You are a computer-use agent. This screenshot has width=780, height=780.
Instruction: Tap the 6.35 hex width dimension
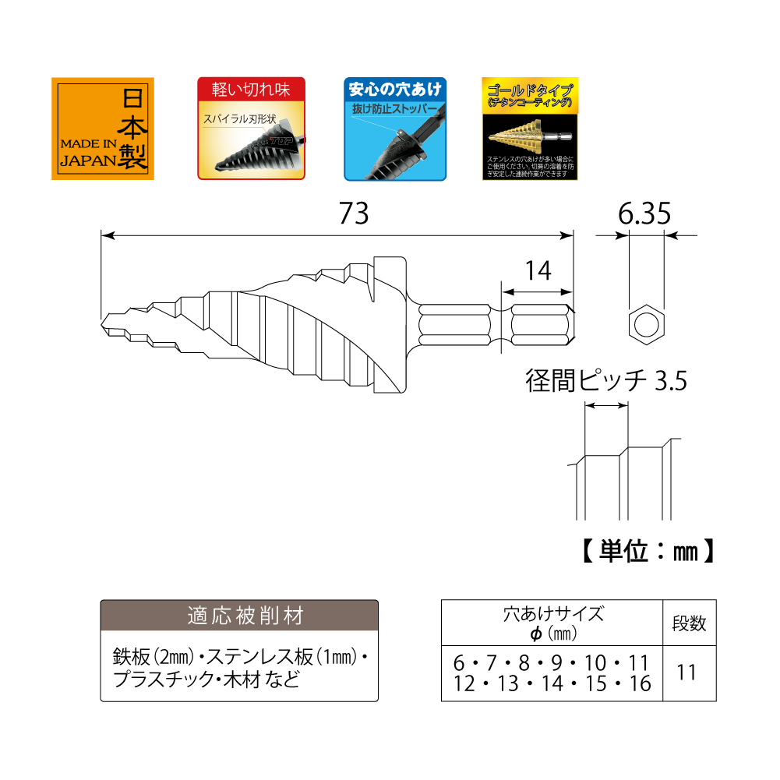[x=645, y=214]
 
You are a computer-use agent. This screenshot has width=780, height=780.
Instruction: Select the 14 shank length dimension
[x=538, y=270]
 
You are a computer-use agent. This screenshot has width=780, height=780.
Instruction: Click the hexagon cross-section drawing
[x=646, y=322]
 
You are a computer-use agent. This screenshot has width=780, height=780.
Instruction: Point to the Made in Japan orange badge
[x=103, y=129]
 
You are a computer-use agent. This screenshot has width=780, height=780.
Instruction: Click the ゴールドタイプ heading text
[x=530, y=89]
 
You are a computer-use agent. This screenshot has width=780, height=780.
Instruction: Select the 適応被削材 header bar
[x=239, y=615]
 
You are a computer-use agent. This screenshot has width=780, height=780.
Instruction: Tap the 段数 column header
[x=689, y=623]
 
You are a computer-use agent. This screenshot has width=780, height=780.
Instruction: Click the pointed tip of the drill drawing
[x=105, y=322]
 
